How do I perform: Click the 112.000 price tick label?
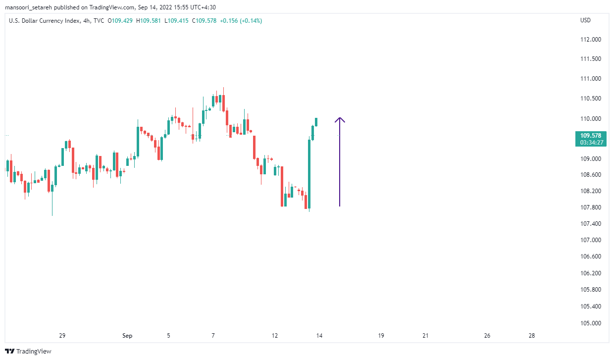pos(591,40)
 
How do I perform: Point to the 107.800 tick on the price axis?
pos(591,207)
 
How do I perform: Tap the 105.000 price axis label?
pos(591,323)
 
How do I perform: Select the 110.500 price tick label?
pos(591,99)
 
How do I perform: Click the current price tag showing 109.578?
pos(591,135)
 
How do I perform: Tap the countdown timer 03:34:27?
pos(591,143)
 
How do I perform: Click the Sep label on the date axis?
pos(127,336)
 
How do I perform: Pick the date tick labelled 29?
pos(62,336)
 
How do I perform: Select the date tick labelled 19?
pos(381,336)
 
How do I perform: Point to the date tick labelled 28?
pos(532,336)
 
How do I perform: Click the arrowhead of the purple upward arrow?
pos(340,119)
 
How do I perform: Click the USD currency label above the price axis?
pos(585,20)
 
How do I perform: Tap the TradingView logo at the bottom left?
pos(29,352)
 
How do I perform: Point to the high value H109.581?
pos(150,20)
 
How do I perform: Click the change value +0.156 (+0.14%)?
pos(241,20)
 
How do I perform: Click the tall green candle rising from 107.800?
pos(309,173)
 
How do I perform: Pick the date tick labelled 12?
pos(275,336)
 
